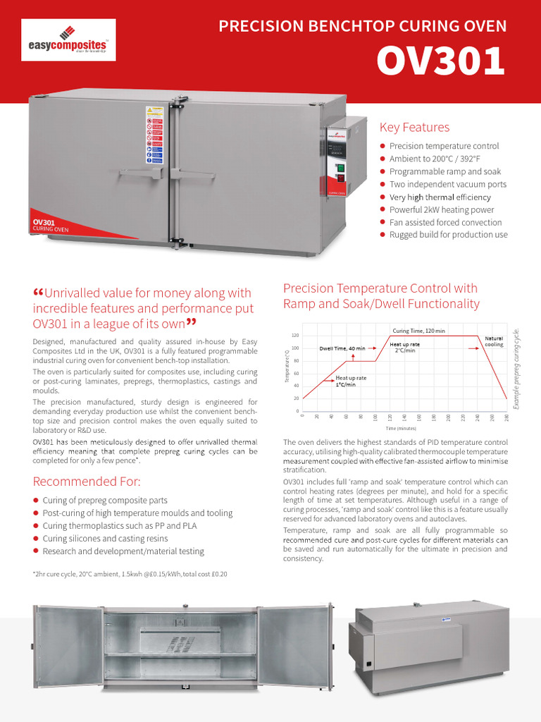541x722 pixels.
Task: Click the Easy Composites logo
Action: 68,41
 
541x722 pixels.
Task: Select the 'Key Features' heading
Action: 414,128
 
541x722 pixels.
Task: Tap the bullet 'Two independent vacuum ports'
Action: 447,184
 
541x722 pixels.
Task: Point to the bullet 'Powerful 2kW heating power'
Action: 441,209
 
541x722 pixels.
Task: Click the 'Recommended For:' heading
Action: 87,482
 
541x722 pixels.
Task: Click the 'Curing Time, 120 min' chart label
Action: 418,331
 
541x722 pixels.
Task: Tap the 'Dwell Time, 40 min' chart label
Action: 342,348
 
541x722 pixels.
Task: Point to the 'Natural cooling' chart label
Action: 494,341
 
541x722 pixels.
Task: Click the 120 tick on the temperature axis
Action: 295,336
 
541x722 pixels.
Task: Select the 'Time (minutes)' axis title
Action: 402,427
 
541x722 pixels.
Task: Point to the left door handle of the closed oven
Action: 142,171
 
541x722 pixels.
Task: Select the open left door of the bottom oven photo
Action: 68,647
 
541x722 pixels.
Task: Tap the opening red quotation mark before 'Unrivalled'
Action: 38,293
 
